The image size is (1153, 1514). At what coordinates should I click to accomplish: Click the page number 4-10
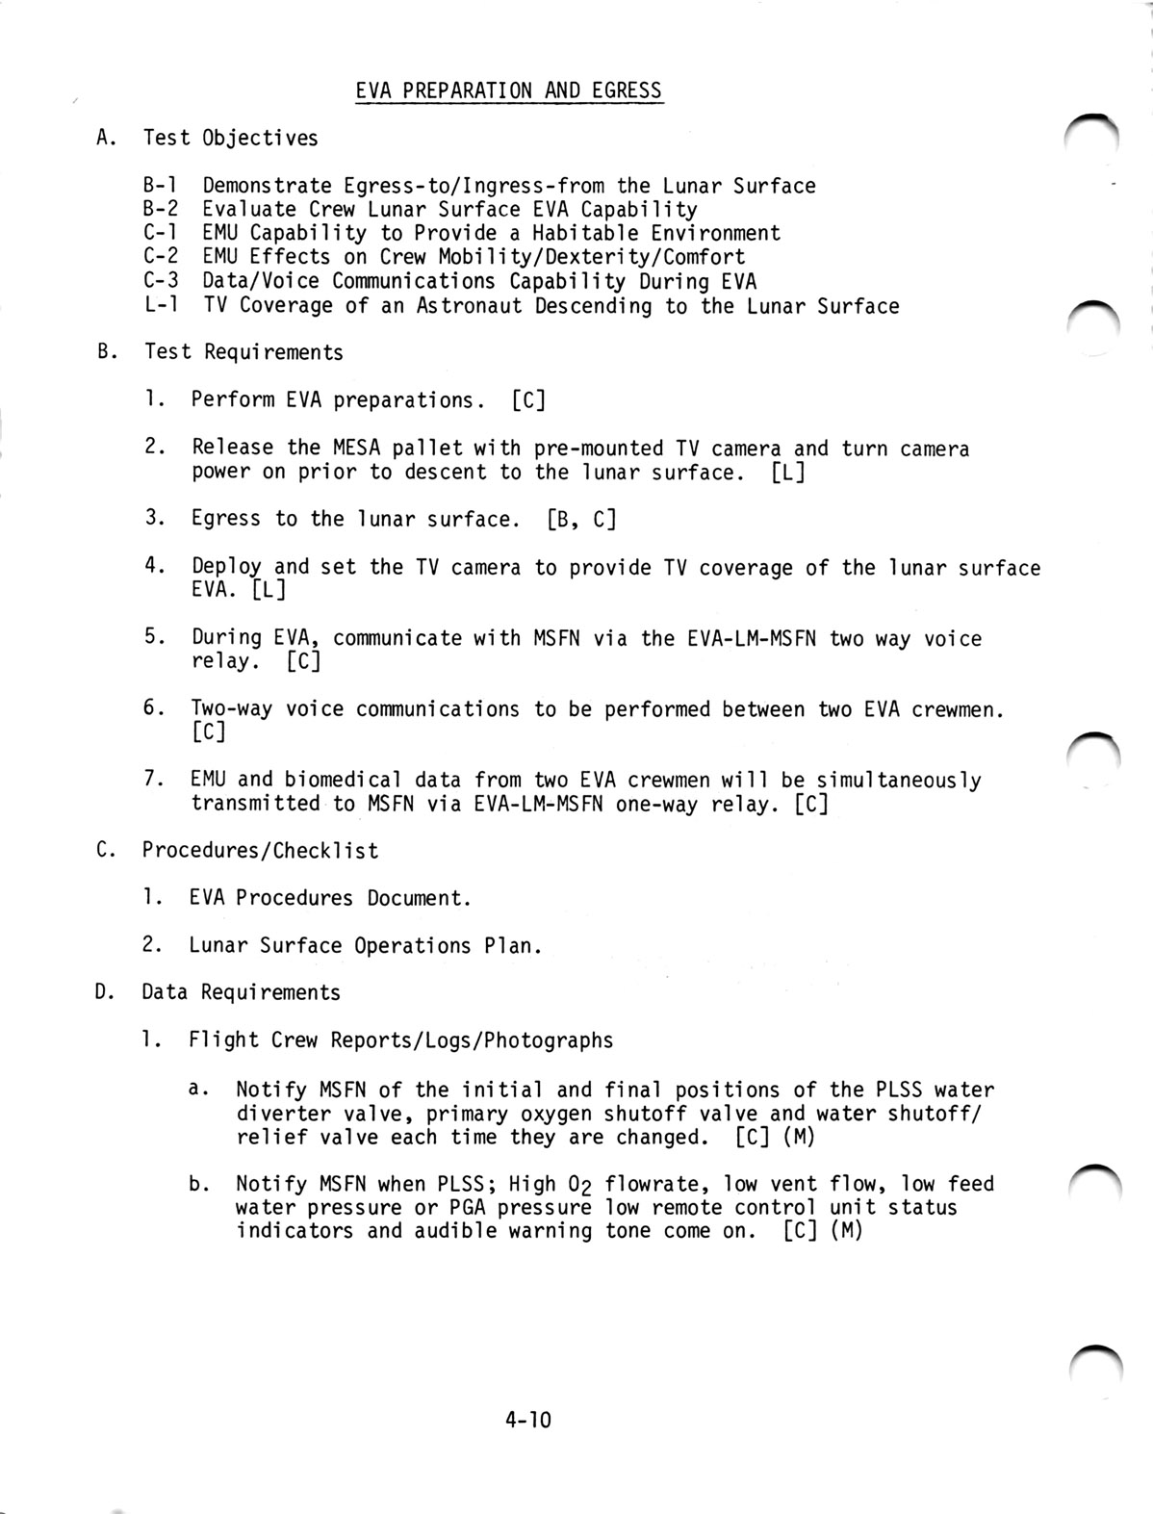[527, 1419]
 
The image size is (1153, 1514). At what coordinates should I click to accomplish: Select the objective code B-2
[161, 209]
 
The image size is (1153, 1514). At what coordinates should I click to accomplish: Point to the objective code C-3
[161, 281]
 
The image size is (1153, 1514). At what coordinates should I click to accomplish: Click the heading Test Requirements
[243, 352]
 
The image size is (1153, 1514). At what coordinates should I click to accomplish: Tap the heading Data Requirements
[242, 992]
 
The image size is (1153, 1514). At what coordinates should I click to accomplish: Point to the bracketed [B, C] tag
[581, 520]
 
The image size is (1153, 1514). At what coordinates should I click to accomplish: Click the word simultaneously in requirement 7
[899, 780]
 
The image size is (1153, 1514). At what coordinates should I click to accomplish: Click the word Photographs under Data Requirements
[549, 1040]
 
